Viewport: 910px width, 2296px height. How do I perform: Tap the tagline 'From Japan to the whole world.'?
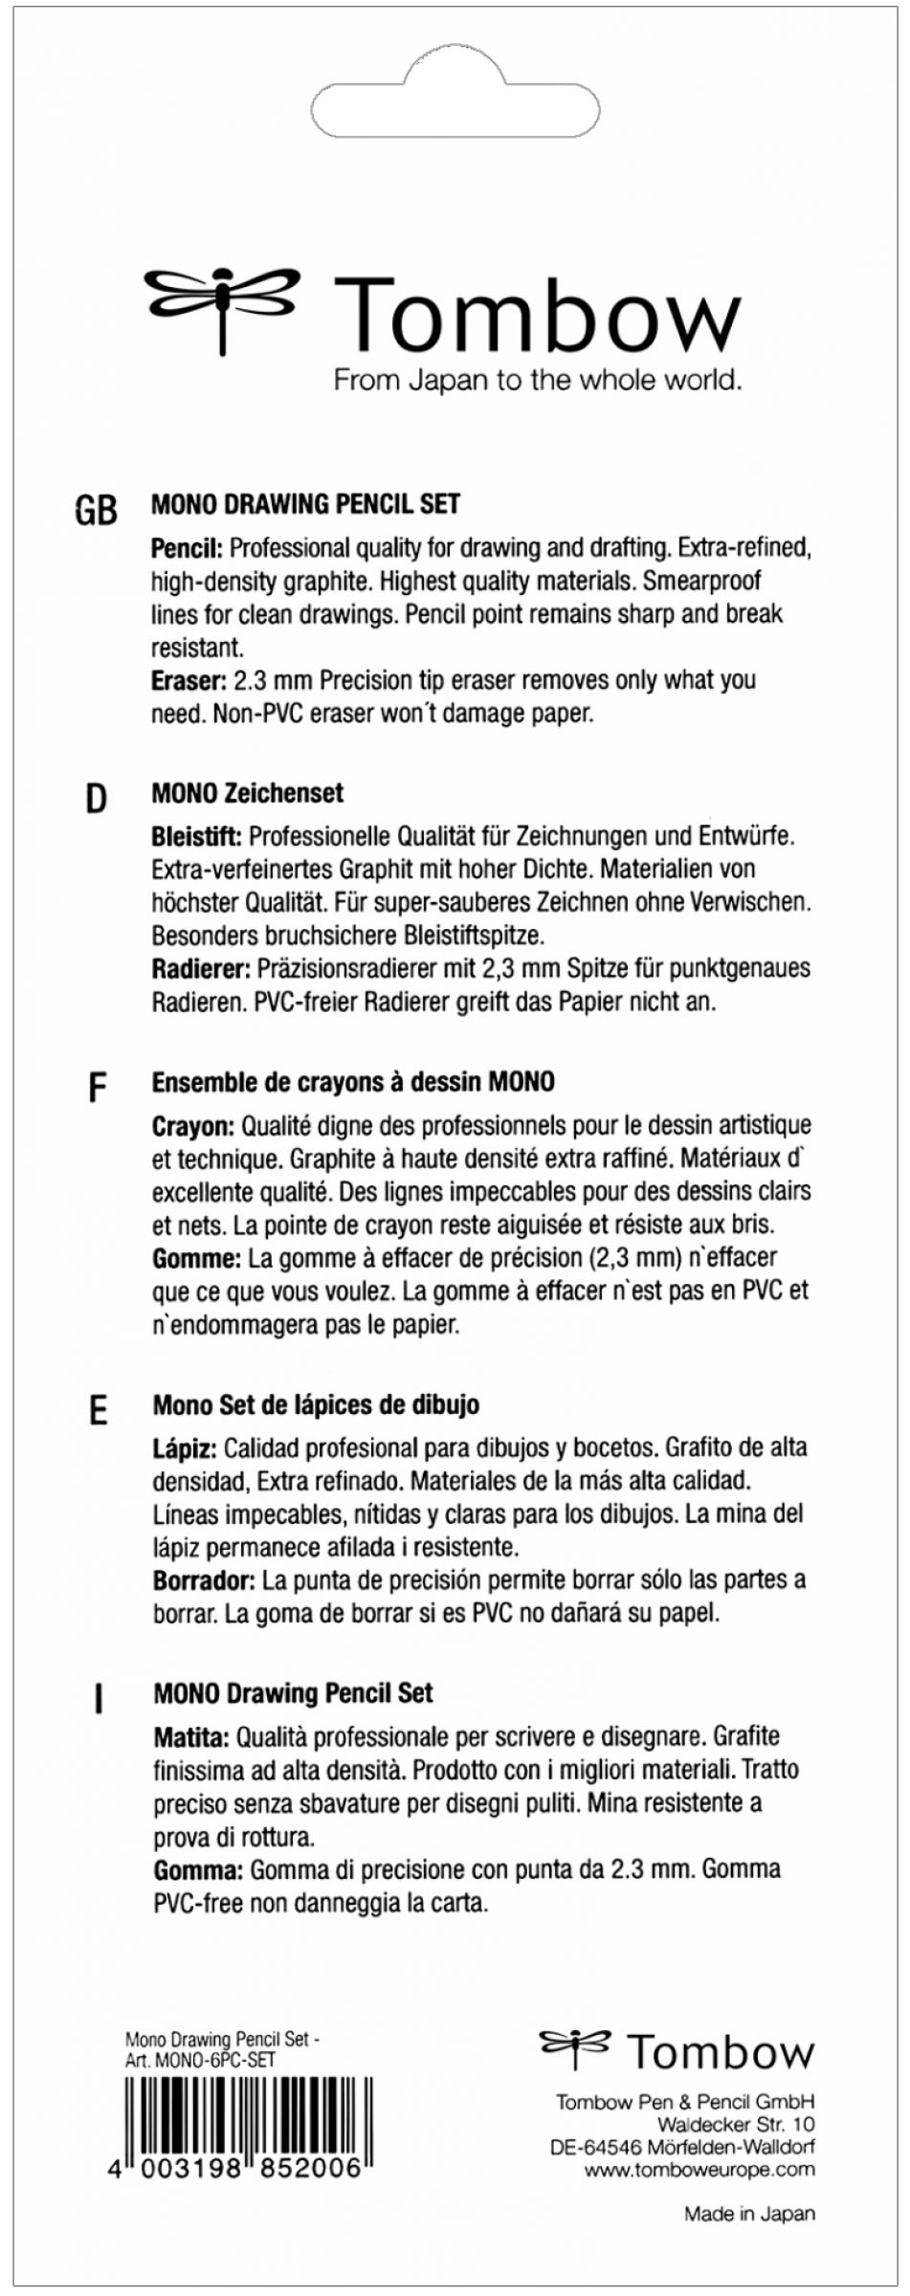(x=537, y=381)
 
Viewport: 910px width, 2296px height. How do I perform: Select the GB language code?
(x=96, y=511)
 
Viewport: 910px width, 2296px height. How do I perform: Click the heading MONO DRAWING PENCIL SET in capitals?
(x=305, y=504)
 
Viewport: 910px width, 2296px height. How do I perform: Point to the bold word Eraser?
(x=189, y=681)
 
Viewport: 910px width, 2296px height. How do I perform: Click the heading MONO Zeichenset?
(x=247, y=793)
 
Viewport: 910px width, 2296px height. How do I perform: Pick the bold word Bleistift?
(x=196, y=837)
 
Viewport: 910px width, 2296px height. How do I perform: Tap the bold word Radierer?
(x=201, y=969)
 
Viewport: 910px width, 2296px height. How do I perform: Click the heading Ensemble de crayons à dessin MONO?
(x=353, y=1082)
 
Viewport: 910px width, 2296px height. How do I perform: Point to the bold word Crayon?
(x=193, y=1126)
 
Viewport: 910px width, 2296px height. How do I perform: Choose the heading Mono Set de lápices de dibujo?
(x=316, y=1405)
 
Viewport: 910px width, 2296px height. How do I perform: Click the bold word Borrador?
(x=204, y=1579)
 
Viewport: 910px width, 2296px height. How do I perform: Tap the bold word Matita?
(x=191, y=1736)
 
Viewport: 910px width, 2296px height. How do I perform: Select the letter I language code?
(x=98, y=1700)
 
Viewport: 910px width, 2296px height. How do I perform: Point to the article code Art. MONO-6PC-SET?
(x=200, y=2060)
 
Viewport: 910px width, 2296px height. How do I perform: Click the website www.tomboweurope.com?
(x=699, y=2170)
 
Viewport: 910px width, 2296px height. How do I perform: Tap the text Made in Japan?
(x=749, y=2213)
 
